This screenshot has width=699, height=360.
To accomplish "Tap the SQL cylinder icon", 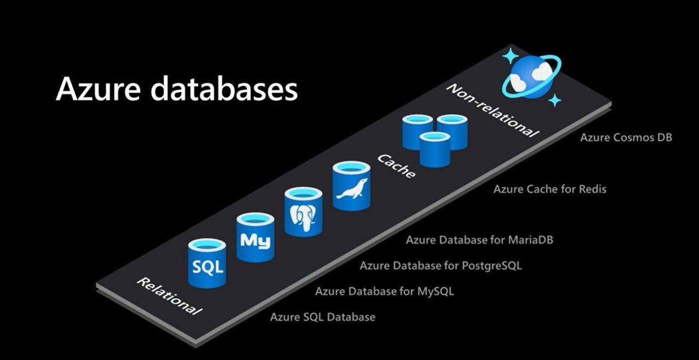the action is (x=207, y=263).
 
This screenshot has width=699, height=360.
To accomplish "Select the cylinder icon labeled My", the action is (x=255, y=237).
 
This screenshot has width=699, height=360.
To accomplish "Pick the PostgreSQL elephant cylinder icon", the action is (x=303, y=212).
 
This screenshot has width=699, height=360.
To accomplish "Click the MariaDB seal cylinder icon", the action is (x=351, y=186).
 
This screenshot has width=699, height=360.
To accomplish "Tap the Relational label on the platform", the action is (x=169, y=296).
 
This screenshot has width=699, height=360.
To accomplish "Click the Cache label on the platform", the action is (x=396, y=166).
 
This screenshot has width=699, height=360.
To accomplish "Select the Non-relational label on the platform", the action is (x=493, y=110).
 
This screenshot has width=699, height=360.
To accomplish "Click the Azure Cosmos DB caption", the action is (x=626, y=137).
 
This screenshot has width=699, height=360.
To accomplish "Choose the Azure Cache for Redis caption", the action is (x=550, y=189).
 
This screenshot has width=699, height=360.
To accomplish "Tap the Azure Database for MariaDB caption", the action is (x=479, y=240).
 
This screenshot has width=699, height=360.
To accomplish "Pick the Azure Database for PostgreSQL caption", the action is (x=441, y=265).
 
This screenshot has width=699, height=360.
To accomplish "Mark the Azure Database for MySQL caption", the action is (x=384, y=291).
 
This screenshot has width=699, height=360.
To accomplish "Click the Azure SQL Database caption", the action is (x=323, y=317).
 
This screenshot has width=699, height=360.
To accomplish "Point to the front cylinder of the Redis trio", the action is (x=435, y=149).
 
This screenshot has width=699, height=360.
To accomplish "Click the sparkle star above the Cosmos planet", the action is (x=510, y=56).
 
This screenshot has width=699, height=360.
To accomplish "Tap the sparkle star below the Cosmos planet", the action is (x=555, y=100).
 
